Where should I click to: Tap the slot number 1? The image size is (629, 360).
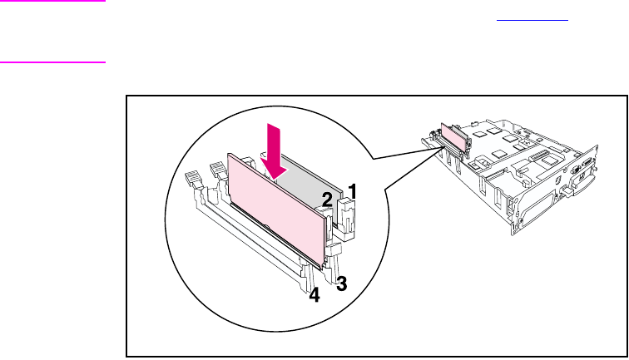click(353, 192)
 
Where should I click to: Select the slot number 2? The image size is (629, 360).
click(328, 200)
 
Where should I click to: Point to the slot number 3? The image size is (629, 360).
click(340, 281)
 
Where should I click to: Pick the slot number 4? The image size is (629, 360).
click(314, 296)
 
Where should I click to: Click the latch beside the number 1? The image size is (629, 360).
click(346, 213)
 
